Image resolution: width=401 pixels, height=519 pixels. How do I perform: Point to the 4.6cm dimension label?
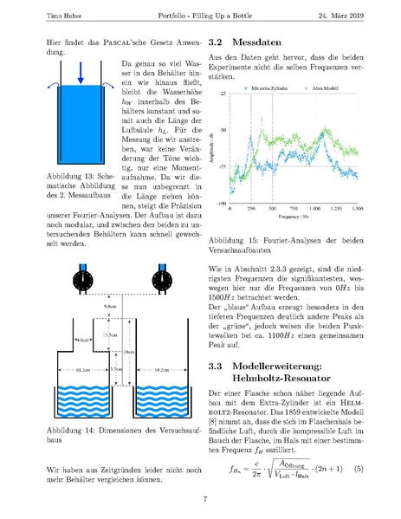coord(59,341)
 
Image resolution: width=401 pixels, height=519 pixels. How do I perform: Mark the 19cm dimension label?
coord(127,351)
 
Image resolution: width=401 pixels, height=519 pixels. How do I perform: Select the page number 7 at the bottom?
coord(204,499)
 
